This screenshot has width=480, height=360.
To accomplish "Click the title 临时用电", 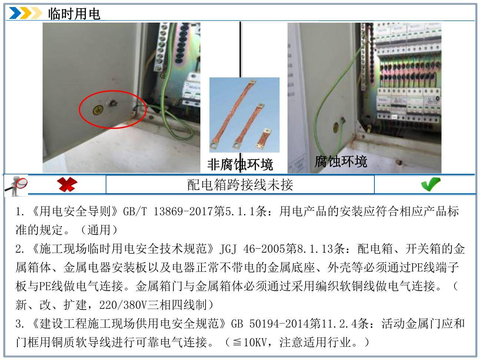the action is click(x=74, y=14).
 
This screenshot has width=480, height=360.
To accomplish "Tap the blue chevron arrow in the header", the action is click(x=15, y=13).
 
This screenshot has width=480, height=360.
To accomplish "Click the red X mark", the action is click(x=67, y=184).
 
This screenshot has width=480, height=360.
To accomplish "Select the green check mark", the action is click(x=431, y=184).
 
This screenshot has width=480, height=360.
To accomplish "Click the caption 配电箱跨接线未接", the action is click(x=240, y=185).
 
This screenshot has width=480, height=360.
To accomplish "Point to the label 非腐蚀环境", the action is click(x=240, y=164).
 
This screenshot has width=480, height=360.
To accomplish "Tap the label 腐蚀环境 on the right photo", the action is click(x=341, y=161).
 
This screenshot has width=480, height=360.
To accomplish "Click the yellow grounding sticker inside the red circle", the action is click(x=97, y=110).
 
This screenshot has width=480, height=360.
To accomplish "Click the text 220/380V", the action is click(x=123, y=305).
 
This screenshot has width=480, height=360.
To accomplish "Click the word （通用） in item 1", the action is click(x=99, y=230).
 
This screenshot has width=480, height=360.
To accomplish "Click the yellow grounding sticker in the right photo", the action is click(x=336, y=128).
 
